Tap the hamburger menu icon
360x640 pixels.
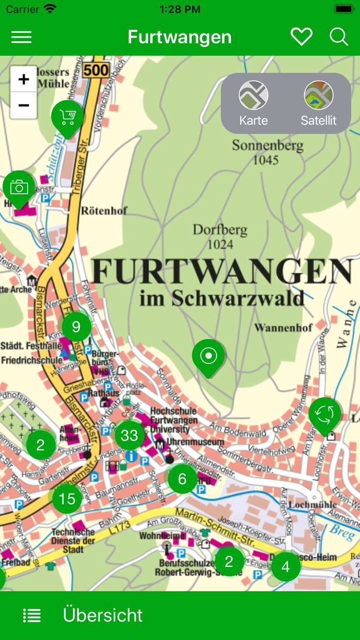21,37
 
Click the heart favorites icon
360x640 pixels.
301,37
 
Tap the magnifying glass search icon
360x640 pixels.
338,37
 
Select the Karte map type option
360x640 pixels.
254,103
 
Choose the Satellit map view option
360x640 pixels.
318,103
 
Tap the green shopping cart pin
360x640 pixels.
67,117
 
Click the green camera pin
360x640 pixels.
19,187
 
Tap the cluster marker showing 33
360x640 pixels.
129,436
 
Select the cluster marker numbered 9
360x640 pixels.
76,327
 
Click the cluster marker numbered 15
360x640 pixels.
67,499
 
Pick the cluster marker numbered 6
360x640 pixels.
182,479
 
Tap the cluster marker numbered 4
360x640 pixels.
285,566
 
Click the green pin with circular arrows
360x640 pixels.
325,414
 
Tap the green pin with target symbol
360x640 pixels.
208,356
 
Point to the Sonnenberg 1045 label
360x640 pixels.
267,152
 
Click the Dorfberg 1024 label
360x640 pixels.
220,236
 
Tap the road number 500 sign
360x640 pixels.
96,70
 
